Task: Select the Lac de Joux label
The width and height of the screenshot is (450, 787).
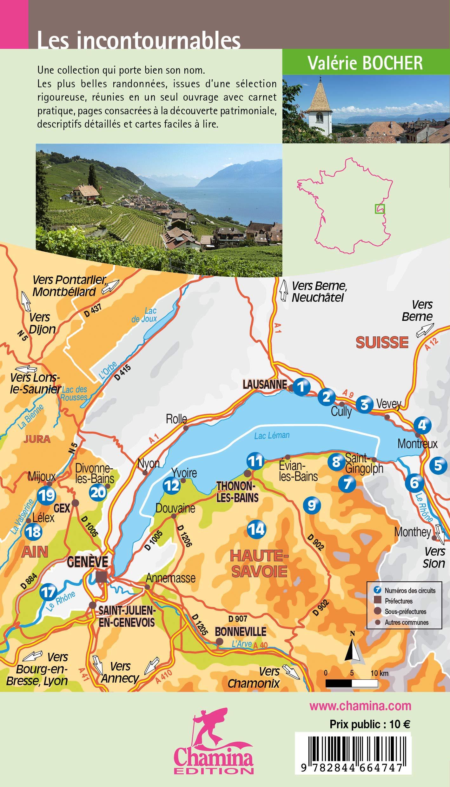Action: (x=144, y=314)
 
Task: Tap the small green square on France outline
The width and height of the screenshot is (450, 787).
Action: (x=380, y=208)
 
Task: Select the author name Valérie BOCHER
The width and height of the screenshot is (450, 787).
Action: (x=366, y=63)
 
